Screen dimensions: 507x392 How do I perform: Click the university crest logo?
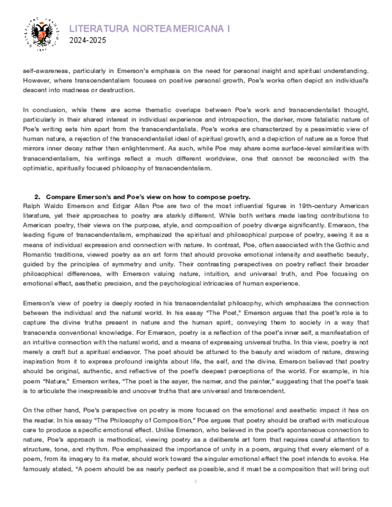click(41, 33)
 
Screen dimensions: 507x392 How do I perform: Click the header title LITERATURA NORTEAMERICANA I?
click(149, 29)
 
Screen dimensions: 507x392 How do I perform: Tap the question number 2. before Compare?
click(38, 197)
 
